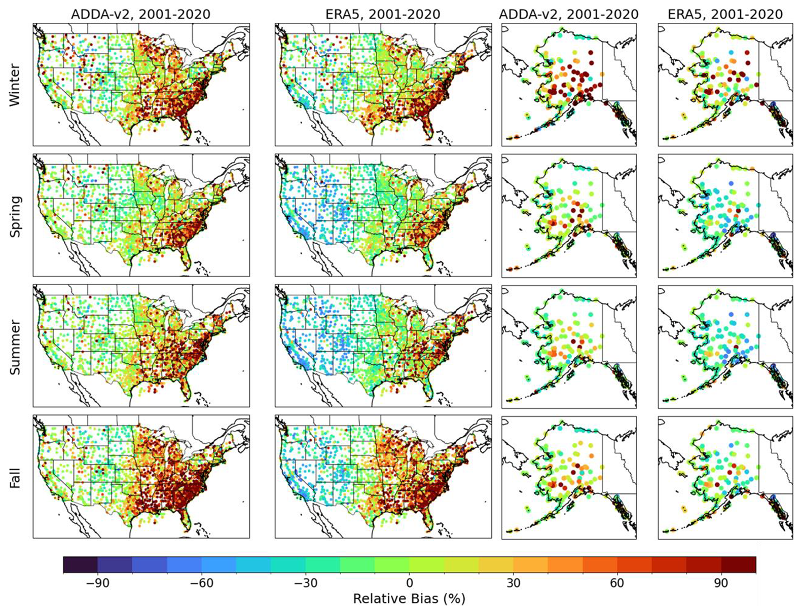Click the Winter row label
(15, 85)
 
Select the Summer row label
(15, 347)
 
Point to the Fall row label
(15, 477)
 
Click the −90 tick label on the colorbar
(97, 583)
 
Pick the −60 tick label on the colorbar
(201, 583)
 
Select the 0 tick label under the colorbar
(410, 583)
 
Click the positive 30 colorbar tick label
(514, 583)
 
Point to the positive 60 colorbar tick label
(617, 583)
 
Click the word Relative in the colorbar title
(377, 599)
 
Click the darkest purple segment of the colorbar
(81, 564)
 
